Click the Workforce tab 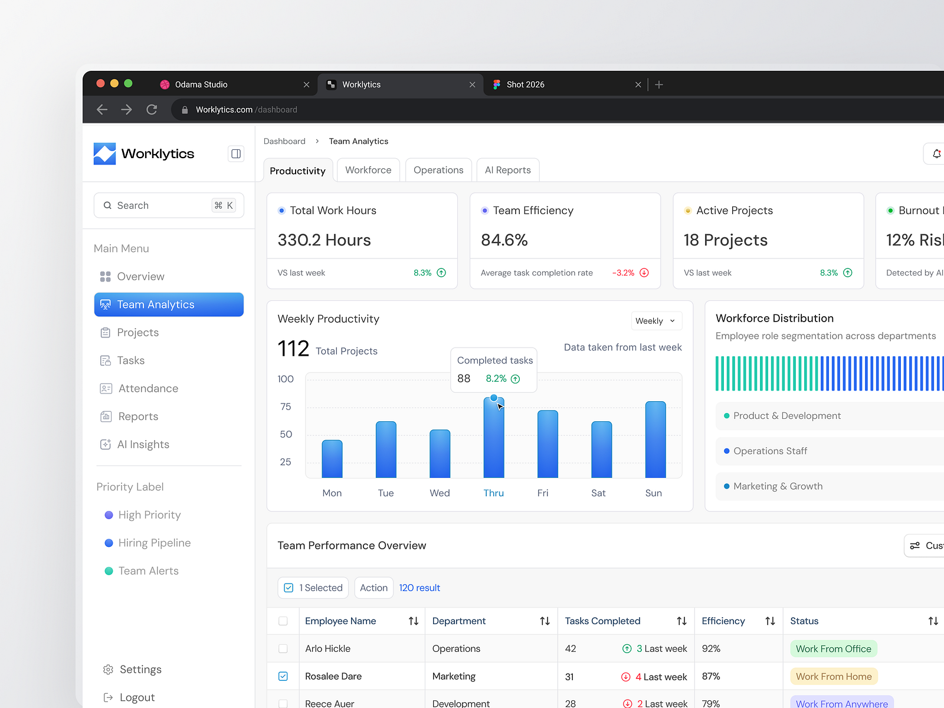368,170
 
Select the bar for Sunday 655,440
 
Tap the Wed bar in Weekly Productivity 440,454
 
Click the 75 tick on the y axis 286,407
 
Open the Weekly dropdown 656,321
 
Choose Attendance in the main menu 148,388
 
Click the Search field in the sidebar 169,205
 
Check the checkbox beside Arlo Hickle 283,648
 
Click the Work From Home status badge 834,676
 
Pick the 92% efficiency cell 711,648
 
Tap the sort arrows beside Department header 545,621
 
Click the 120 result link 419,588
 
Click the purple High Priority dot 109,515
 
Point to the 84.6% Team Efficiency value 504,240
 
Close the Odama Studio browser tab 306,85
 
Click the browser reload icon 152,110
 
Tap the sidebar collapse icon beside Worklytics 235,153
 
